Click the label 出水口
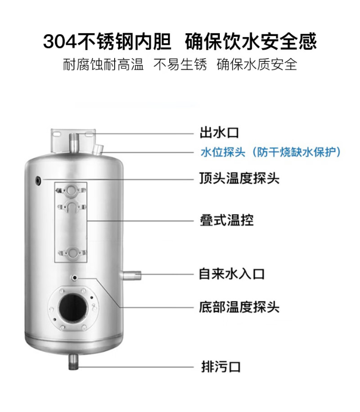[219, 133]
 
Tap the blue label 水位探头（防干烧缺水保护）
[271, 152]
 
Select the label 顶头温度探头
[239, 178]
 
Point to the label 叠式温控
[227, 220]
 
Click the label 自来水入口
[232, 274]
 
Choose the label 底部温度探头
[239, 307]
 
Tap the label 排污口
[220, 367]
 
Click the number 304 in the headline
[60, 42]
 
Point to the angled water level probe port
[98, 149]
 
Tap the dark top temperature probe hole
[39, 181]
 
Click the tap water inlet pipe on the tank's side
[130, 275]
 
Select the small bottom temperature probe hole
[75, 278]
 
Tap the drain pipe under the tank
[73, 361]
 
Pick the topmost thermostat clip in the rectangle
[71, 190]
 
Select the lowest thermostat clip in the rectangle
[72, 252]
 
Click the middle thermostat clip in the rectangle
[71, 207]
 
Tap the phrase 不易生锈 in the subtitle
[180, 64]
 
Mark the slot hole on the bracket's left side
[57, 134]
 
